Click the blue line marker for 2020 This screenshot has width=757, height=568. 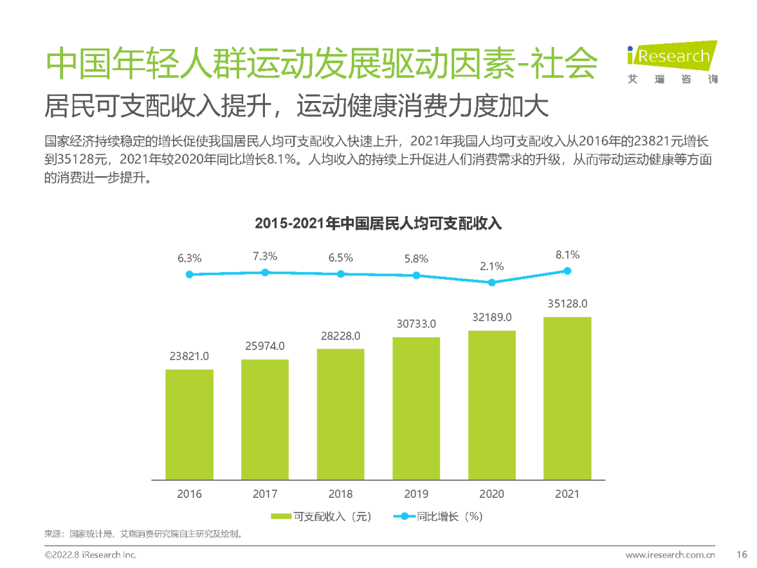point(492,283)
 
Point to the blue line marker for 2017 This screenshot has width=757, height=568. point(265,272)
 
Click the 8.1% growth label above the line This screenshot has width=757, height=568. point(567,255)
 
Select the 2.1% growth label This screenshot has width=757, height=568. point(492,266)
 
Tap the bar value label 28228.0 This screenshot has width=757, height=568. point(341,336)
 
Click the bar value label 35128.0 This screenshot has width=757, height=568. point(567,304)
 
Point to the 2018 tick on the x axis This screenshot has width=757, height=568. point(341,494)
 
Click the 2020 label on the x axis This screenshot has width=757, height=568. point(492,494)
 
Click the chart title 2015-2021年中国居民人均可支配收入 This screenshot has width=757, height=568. point(378,224)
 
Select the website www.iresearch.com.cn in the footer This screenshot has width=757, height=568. point(670,555)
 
